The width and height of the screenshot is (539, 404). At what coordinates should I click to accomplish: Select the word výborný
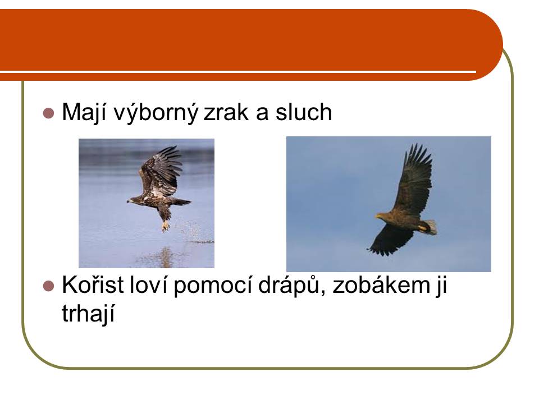click(x=156, y=113)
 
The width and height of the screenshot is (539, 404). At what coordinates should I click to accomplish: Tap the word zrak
click(x=226, y=112)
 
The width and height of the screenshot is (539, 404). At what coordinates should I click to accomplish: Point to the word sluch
click(x=304, y=112)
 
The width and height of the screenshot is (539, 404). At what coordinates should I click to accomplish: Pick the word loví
click(x=148, y=285)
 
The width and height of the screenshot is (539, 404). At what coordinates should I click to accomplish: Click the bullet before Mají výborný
click(x=49, y=113)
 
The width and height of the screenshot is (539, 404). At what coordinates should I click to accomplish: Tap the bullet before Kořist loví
click(x=49, y=286)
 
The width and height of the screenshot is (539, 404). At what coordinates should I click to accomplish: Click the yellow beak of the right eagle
click(x=378, y=216)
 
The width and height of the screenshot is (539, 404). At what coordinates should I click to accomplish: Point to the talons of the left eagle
click(x=166, y=226)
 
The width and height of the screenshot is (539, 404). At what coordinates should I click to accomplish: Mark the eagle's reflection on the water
click(x=165, y=257)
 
